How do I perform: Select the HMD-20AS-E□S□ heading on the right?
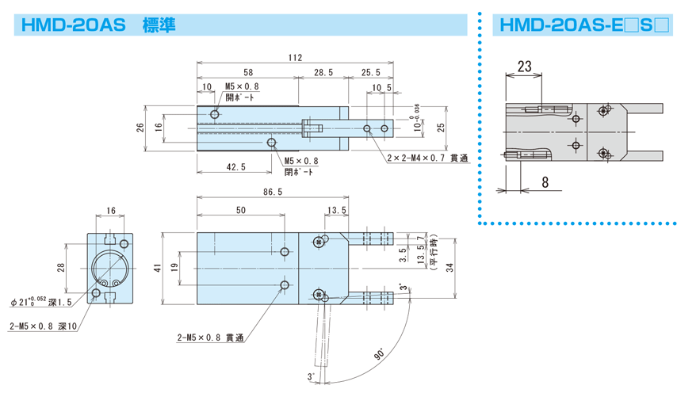(582, 25)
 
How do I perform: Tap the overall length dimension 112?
(295, 57)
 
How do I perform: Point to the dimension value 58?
(247, 72)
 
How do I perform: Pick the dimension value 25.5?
(370, 72)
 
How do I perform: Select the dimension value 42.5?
(235, 166)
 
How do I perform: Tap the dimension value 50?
(241, 210)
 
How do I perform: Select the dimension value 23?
(524, 67)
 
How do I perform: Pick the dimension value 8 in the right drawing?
(545, 181)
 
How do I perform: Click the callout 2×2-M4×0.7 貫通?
(427, 158)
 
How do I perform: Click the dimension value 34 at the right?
(451, 269)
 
